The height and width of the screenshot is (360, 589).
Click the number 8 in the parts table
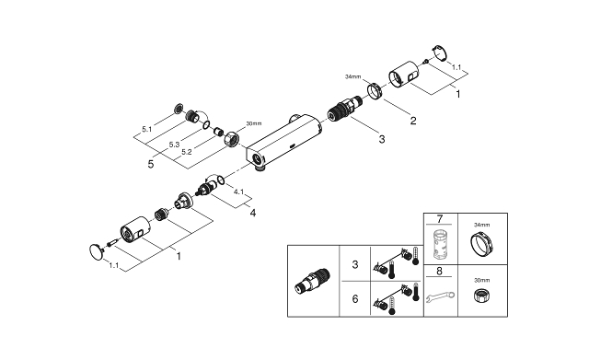coord(440,272)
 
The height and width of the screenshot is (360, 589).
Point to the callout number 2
coord(412,121)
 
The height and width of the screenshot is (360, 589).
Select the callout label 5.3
coord(173,145)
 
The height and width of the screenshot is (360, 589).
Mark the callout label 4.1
coord(237,192)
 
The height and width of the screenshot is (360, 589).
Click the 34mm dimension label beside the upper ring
coord(353,77)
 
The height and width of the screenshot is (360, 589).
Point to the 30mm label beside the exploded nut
coord(254,123)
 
